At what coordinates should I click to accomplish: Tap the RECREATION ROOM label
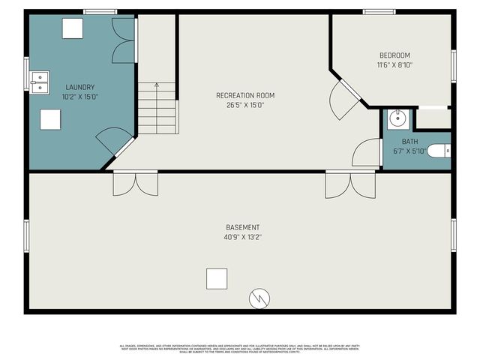coord(245,95)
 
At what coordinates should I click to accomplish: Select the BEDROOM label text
coord(394,55)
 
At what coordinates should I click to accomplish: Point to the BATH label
coord(409,141)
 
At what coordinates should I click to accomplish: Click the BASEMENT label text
coord(243,227)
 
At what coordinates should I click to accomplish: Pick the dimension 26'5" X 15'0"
coord(245,105)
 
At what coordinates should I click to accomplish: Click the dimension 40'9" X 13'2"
coord(243,237)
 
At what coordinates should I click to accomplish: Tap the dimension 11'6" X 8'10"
coord(394,65)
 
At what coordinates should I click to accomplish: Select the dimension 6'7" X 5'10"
coord(409,151)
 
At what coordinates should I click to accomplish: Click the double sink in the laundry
coord(39,80)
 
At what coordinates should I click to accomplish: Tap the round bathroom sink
coord(397,119)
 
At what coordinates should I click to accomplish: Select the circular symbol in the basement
coord(259,298)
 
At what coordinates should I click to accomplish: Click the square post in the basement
coord(217,278)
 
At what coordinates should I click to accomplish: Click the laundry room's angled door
coord(113,142)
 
